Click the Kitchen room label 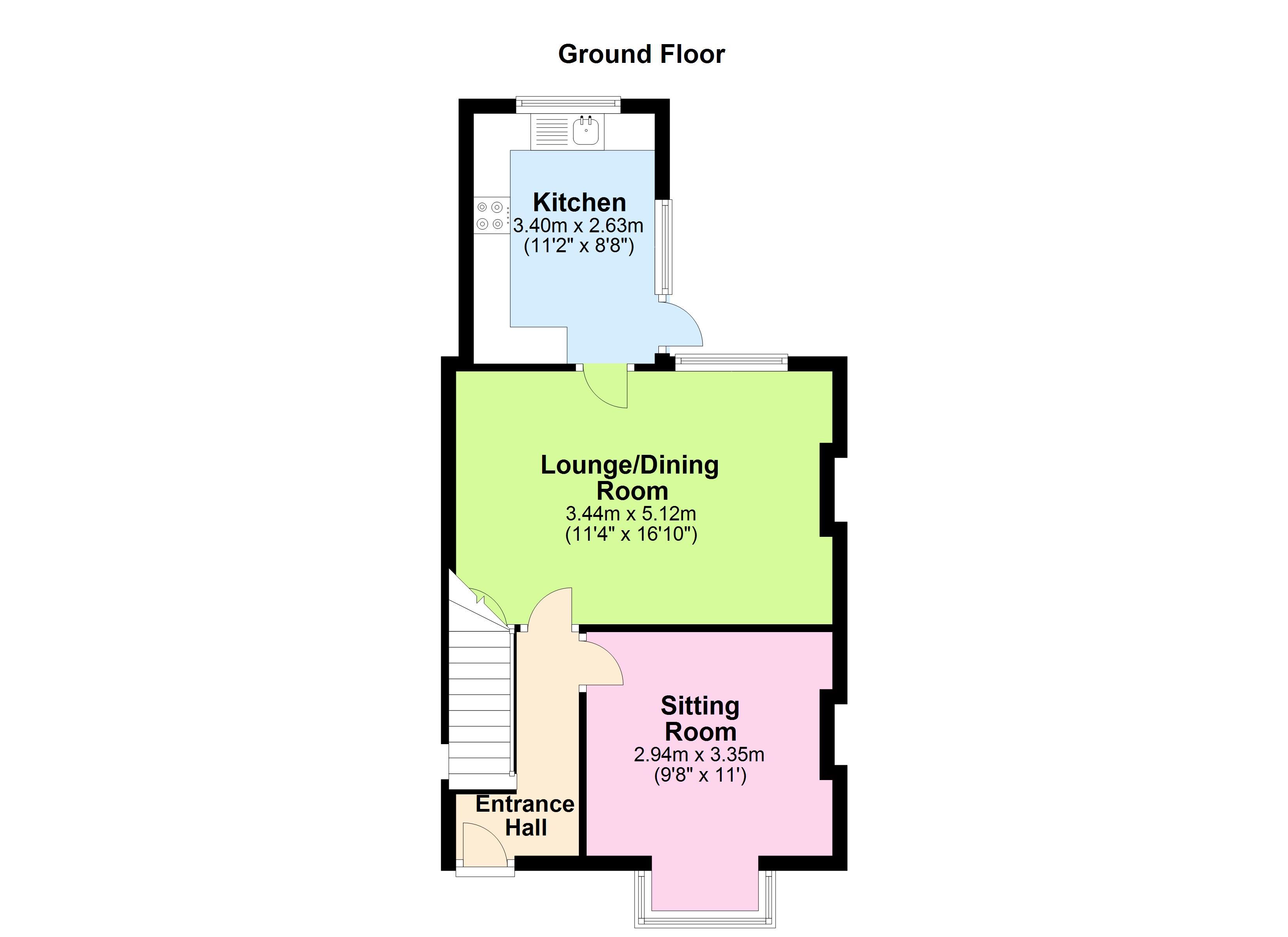coord(579,203)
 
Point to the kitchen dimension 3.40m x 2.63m coord(578,226)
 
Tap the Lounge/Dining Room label coord(630,478)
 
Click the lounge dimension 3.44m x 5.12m coord(630,514)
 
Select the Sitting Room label coord(700,719)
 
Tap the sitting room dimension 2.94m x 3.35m coord(699,755)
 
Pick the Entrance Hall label coord(525,816)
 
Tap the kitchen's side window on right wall coord(664,247)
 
